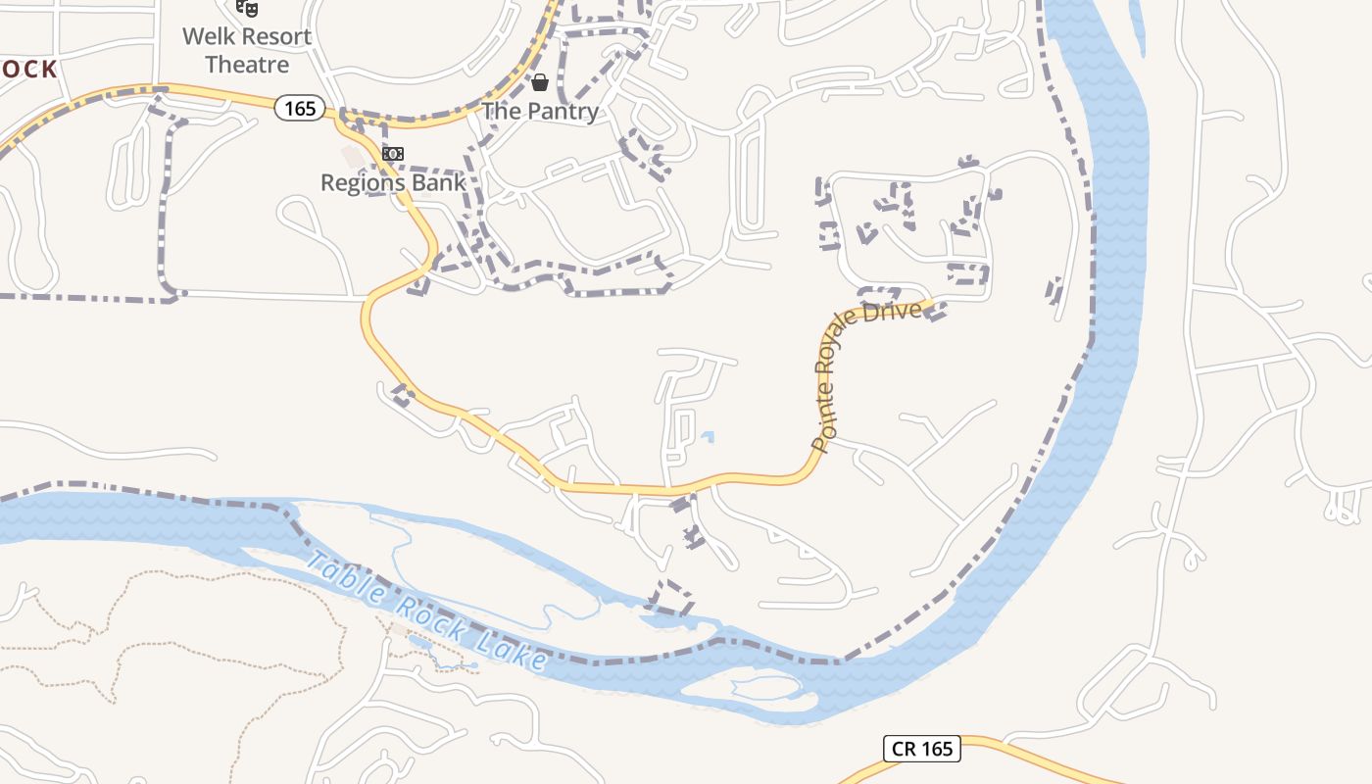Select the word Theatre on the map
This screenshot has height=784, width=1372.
(247, 65)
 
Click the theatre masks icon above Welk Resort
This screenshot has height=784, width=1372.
(247, 9)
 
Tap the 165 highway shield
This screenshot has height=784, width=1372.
(299, 108)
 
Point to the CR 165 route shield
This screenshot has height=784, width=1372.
(922, 749)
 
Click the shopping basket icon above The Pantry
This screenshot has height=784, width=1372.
(540, 82)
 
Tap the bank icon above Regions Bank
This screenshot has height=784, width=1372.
(393, 154)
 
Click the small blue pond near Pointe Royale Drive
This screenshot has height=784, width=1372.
(708, 437)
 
